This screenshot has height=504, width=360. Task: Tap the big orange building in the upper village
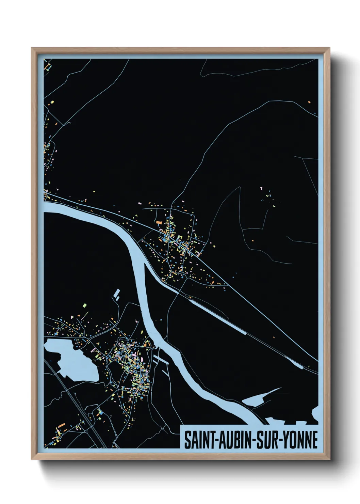point(159,223)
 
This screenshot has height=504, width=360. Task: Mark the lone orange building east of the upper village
point(253,241)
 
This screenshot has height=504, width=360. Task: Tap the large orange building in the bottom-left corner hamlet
point(62,425)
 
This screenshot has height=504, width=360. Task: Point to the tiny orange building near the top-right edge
point(309,102)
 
